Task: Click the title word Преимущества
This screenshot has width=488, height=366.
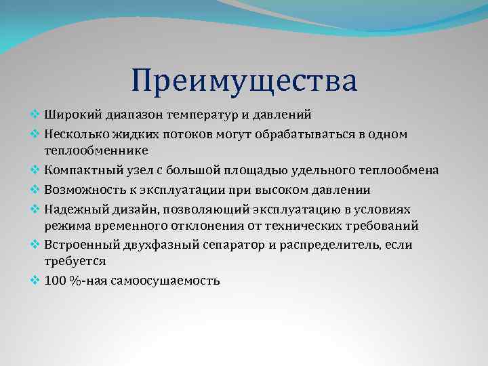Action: pos(244,81)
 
